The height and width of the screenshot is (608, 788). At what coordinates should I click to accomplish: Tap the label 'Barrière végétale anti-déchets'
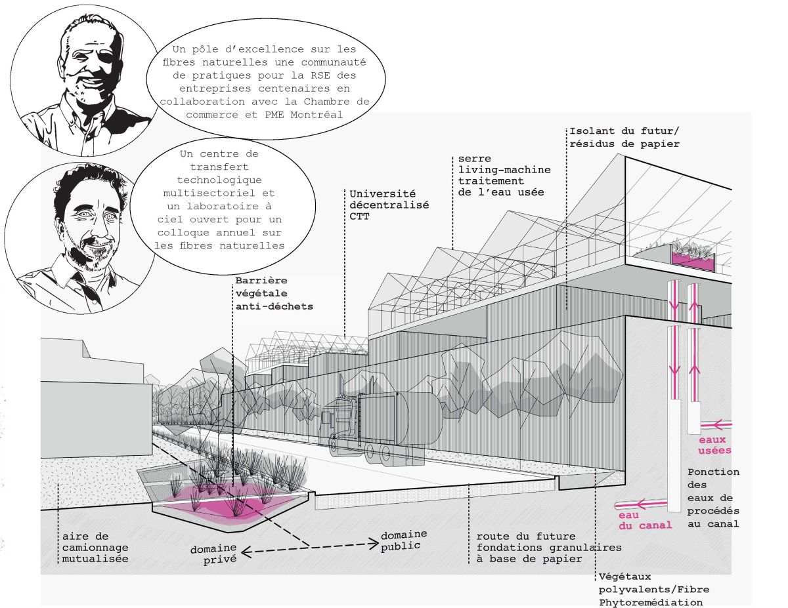(x=274, y=293)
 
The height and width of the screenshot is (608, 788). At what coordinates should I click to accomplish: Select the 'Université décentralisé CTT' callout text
(x=389, y=205)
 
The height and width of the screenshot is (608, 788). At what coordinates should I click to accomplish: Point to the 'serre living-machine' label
(x=504, y=164)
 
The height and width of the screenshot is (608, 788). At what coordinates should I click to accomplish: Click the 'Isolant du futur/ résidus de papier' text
(x=624, y=137)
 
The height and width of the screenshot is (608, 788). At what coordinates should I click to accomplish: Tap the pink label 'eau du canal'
(x=645, y=519)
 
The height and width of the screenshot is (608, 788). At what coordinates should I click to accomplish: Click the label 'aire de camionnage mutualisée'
(x=95, y=547)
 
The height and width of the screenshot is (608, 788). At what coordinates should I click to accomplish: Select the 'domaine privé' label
(x=213, y=554)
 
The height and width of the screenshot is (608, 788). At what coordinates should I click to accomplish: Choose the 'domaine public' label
(x=404, y=540)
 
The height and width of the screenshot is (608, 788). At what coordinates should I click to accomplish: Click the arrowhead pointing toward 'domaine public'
(x=374, y=544)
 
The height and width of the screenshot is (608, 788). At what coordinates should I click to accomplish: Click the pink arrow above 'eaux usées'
(x=716, y=424)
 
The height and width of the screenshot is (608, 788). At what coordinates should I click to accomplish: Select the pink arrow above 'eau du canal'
(x=641, y=504)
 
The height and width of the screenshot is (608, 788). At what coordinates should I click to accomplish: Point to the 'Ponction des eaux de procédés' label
(x=713, y=498)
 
